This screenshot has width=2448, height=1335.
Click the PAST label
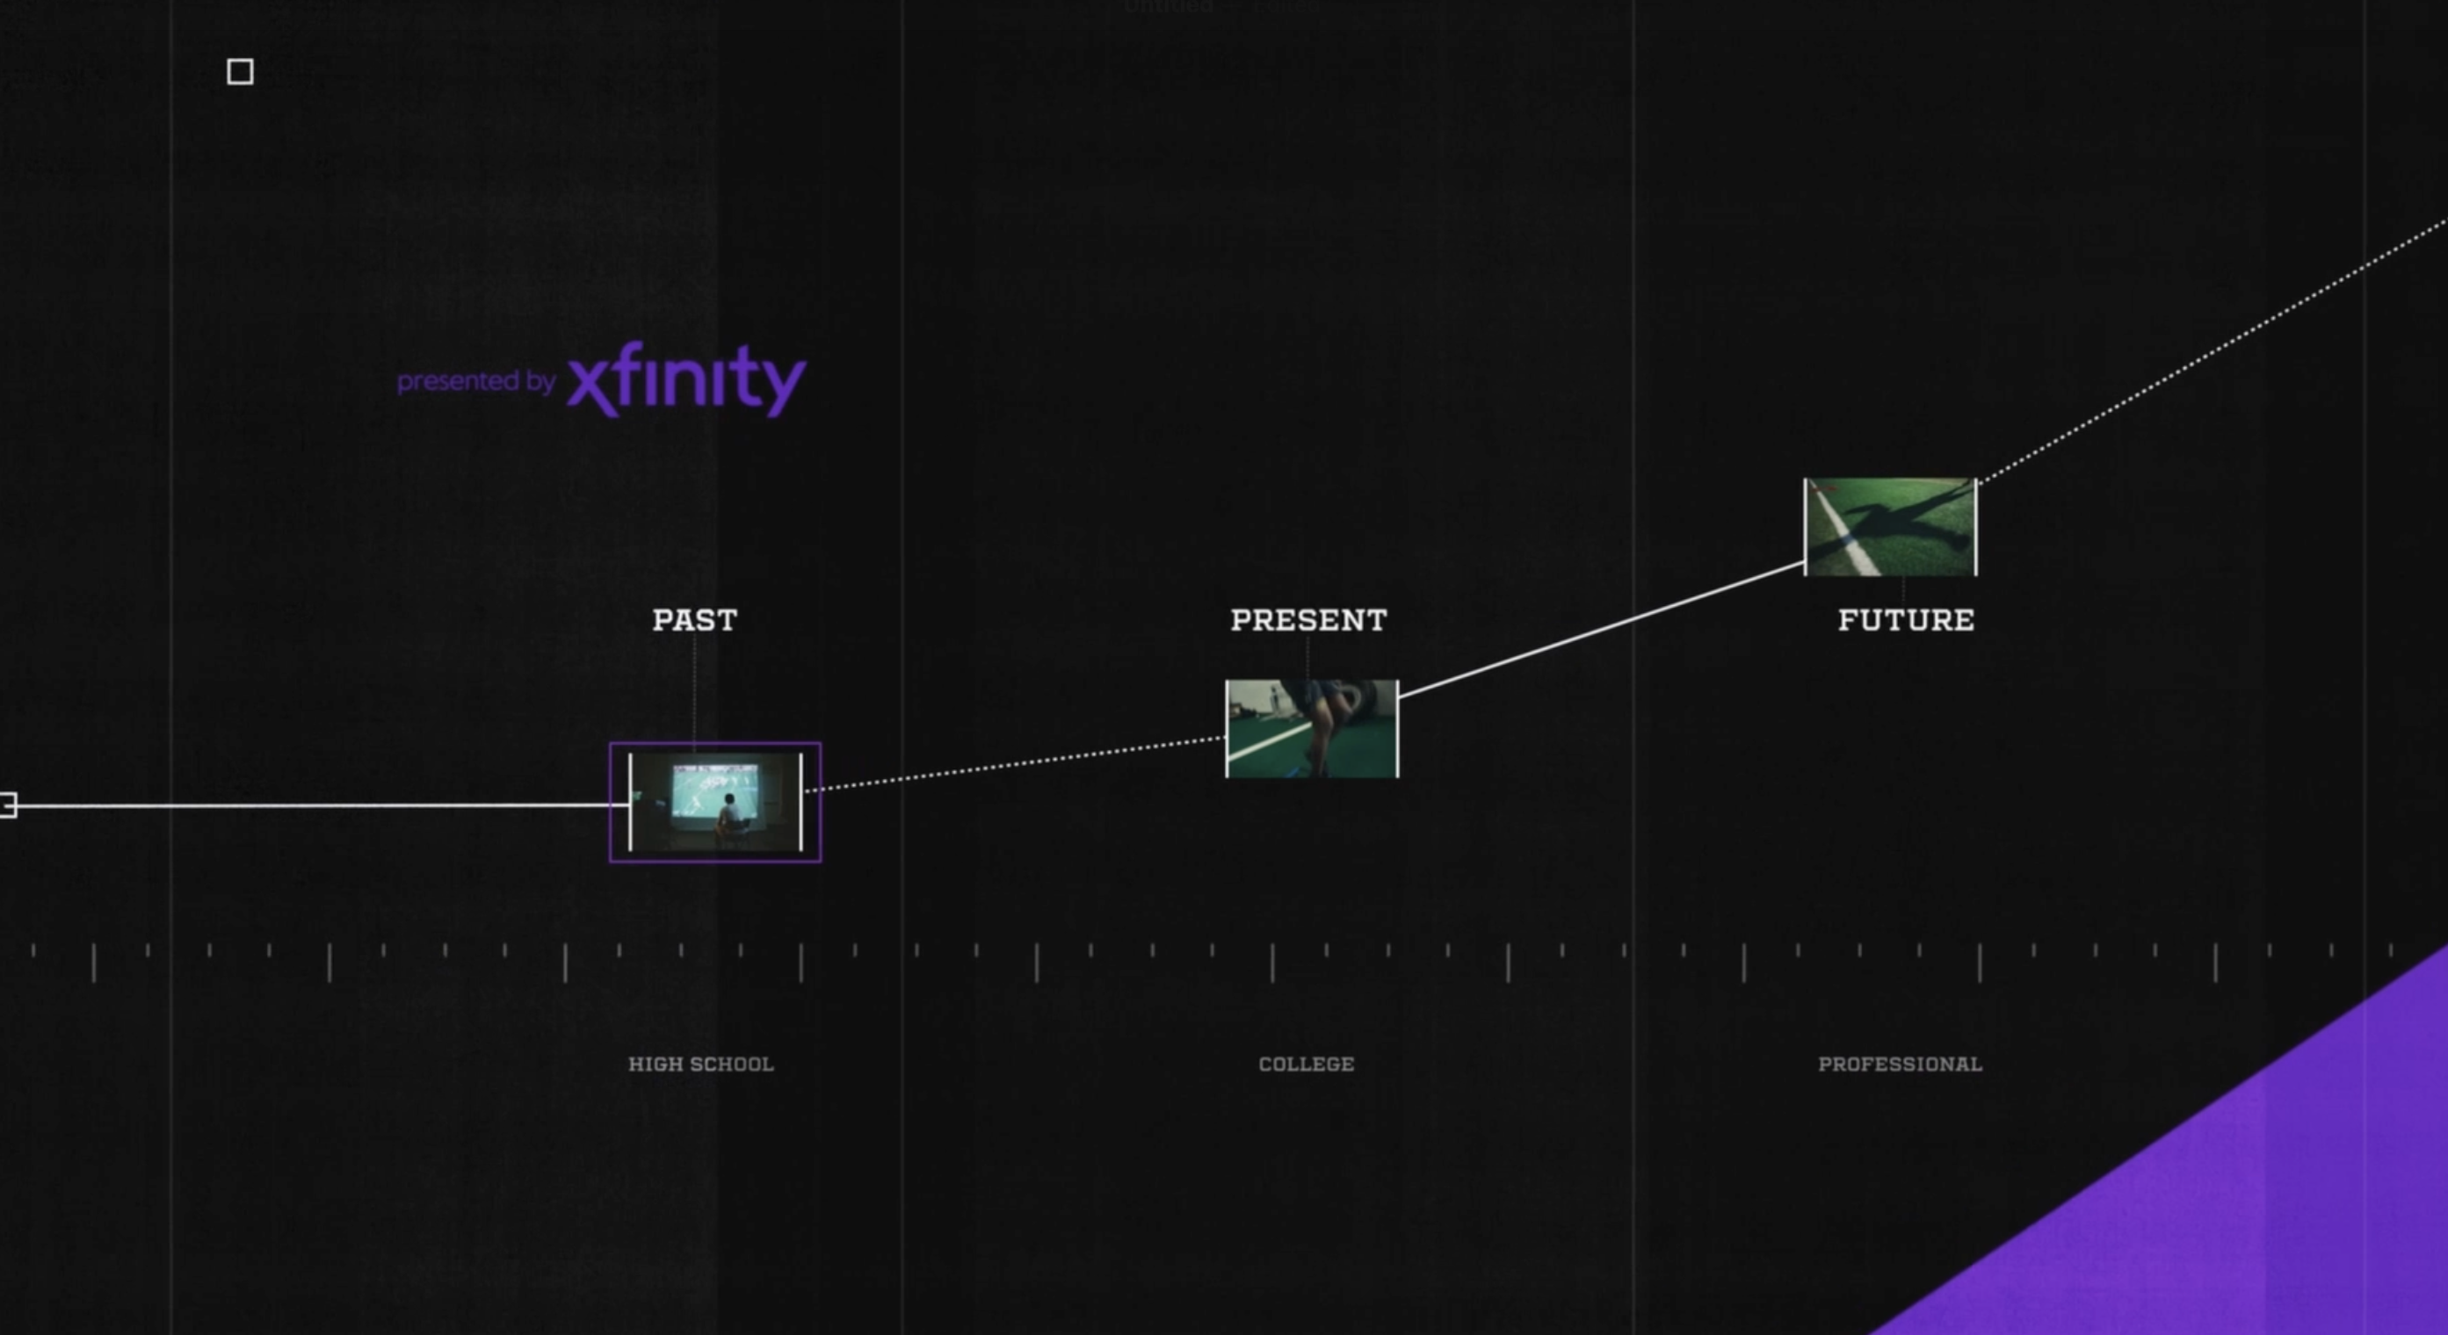[695, 619]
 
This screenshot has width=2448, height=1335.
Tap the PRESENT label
[1308, 619]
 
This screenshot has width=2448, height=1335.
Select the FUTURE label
[1905, 619]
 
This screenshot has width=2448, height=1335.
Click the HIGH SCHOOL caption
[701, 1064]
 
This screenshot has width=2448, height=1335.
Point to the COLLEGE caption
[1307, 1064]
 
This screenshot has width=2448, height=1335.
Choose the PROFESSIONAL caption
[1901, 1064]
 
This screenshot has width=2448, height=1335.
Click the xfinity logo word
[686, 379]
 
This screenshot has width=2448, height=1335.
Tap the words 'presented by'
[476, 381]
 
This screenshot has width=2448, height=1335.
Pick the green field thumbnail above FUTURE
[1890, 527]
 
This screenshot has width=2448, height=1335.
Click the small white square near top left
[241, 71]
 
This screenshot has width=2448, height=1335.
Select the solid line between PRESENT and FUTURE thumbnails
[1601, 629]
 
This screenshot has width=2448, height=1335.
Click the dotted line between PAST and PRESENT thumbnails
[1017, 763]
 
